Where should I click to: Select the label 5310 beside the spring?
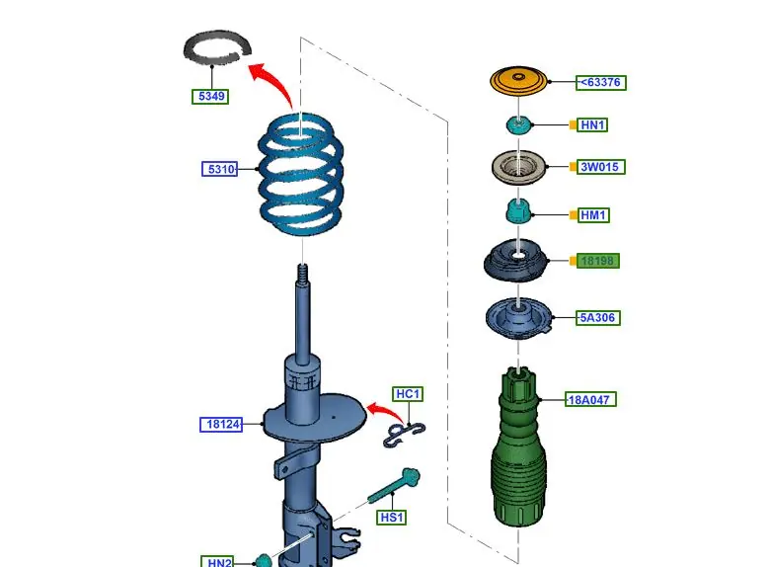[220, 169]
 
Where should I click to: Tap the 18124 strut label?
[220, 424]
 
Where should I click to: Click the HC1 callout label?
[408, 394]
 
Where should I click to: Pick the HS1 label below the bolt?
[391, 517]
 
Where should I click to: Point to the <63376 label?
[601, 82]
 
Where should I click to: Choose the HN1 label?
[592, 124]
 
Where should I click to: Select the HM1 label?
[592, 214]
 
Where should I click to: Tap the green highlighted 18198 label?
[599, 261]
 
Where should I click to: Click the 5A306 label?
[599, 318]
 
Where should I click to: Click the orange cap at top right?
[518, 82]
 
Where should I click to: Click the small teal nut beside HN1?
[518, 124]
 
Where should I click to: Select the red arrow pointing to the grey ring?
[271, 81]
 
